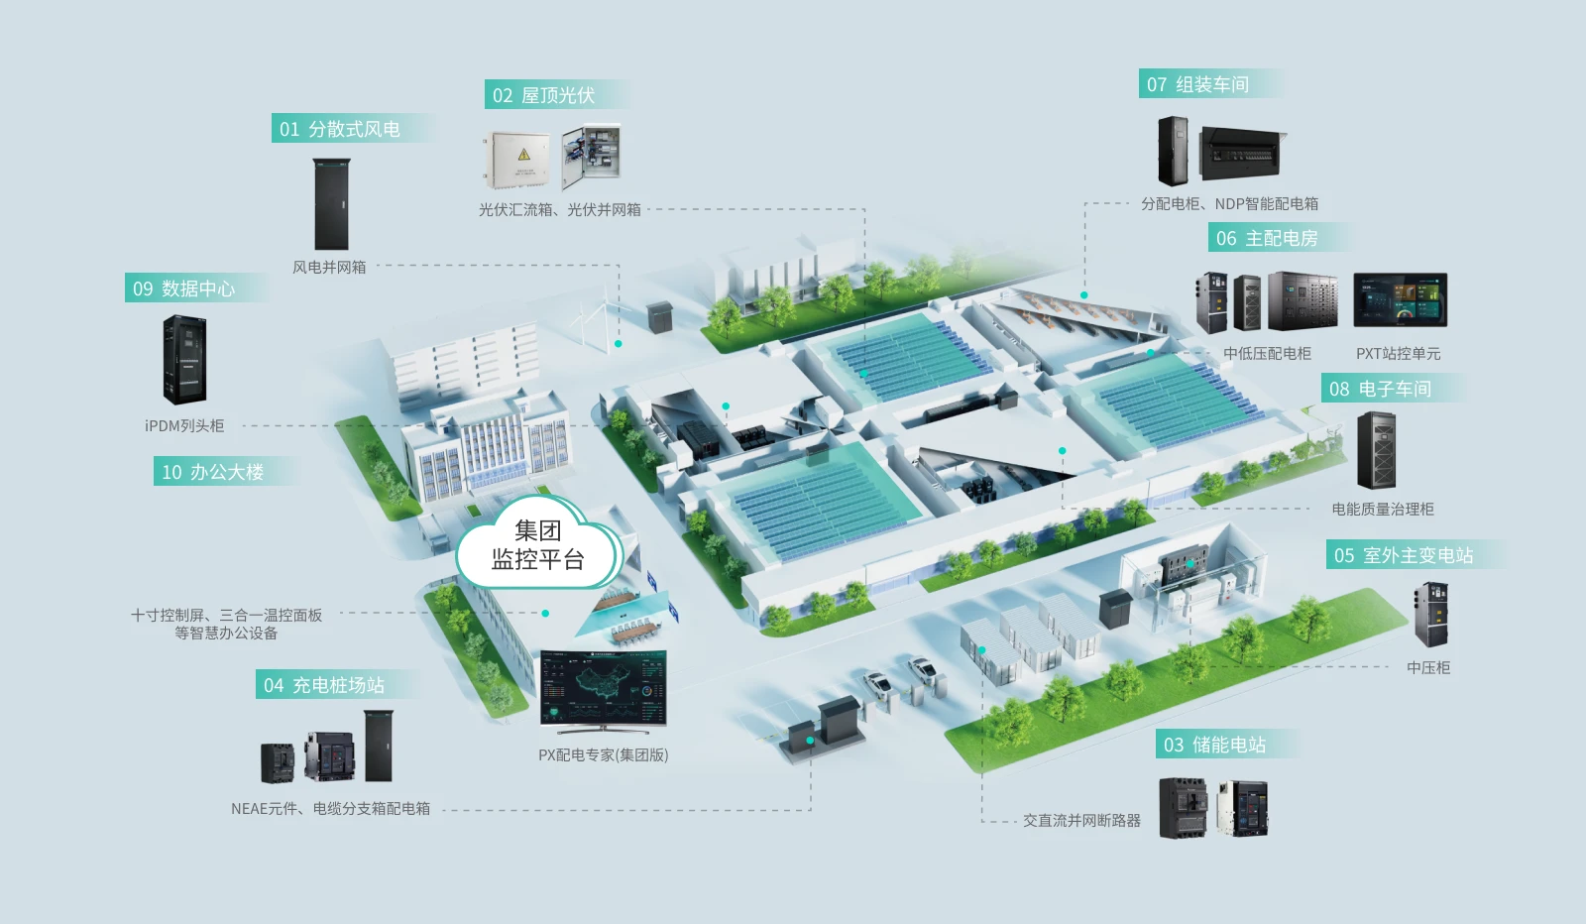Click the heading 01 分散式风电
(x=340, y=129)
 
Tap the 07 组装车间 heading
(x=1197, y=84)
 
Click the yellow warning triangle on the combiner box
(x=524, y=155)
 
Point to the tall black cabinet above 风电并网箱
(x=331, y=204)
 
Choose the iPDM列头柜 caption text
(x=184, y=425)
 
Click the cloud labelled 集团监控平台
(x=539, y=543)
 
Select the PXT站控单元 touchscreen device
(x=1400, y=299)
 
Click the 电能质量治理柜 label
(x=1382, y=509)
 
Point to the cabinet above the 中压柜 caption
(x=1431, y=614)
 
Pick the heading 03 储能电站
(x=1214, y=745)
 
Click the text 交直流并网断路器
(x=1081, y=821)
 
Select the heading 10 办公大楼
(x=212, y=472)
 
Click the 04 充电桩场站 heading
(x=323, y=685)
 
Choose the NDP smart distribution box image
(x=1243, y=154)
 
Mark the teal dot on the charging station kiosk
(x=810, y=741)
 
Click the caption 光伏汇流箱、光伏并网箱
(x=559, y=209)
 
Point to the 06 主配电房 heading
(x=1267, y=239)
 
